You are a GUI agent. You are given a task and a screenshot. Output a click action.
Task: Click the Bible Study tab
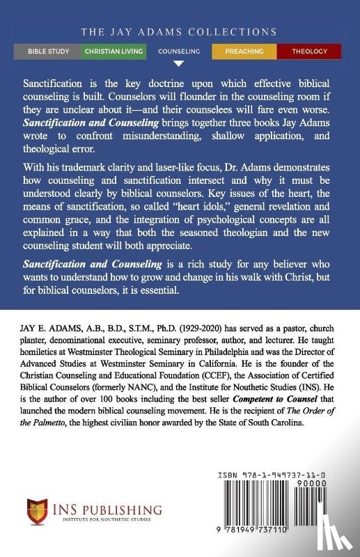click(x=48, y=51)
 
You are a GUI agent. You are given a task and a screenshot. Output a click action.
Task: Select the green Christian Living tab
click(x=114, y=51)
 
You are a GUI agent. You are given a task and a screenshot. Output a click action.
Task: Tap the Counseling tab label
click(x=179, y=51)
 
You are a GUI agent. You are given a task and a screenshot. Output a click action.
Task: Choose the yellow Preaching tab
click(x=244, y=51)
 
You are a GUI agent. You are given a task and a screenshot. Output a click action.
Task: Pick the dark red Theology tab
click(x=308, y=51)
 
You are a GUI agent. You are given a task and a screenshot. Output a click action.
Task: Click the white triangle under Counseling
click(x=179, y=63)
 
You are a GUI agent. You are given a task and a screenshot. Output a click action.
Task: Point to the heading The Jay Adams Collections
click(x=179, y=32)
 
